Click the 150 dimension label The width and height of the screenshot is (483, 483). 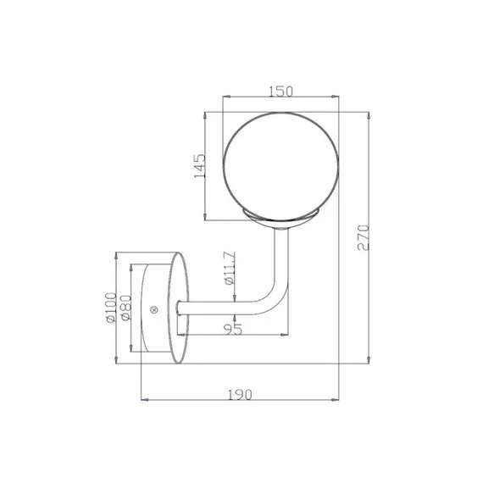coord(280,92)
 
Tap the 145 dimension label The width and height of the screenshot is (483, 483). coord(199,166)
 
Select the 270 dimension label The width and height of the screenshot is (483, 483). coord(364,238)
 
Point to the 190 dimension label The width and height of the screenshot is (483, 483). coord(240,395)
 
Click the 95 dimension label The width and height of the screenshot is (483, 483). coord(234,329)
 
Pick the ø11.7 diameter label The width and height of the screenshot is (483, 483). coord(230,269)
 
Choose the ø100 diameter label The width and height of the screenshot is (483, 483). coord(111,308)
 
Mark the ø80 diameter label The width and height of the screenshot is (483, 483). coord(125,308)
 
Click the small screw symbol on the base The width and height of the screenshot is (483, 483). coord(154,309)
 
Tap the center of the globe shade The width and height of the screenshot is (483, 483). coord(281,166)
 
